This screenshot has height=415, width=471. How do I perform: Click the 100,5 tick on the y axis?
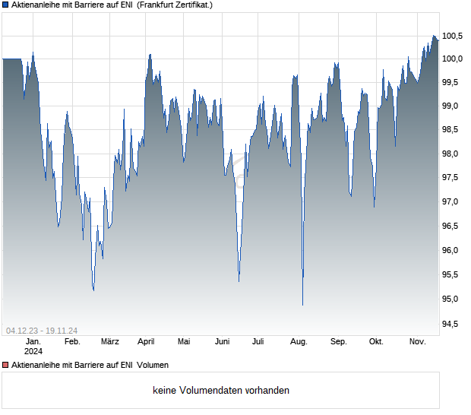453,36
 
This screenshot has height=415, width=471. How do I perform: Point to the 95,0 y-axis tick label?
453,299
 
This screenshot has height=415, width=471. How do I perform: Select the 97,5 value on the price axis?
453,178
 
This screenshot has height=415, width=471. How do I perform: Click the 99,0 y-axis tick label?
453,106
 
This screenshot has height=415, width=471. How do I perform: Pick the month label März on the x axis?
110,342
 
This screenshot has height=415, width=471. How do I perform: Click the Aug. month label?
299,342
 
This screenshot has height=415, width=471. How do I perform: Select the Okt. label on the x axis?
376,342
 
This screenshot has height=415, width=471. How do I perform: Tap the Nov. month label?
418,342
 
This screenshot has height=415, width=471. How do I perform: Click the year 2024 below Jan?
33,352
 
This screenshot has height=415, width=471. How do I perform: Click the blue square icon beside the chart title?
6,5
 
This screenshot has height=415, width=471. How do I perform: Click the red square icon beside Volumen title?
6,366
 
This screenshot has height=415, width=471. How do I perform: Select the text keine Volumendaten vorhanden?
220,391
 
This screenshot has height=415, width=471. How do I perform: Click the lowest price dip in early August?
302,305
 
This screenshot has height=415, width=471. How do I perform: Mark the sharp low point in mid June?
239,281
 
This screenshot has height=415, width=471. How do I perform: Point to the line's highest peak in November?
435,36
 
